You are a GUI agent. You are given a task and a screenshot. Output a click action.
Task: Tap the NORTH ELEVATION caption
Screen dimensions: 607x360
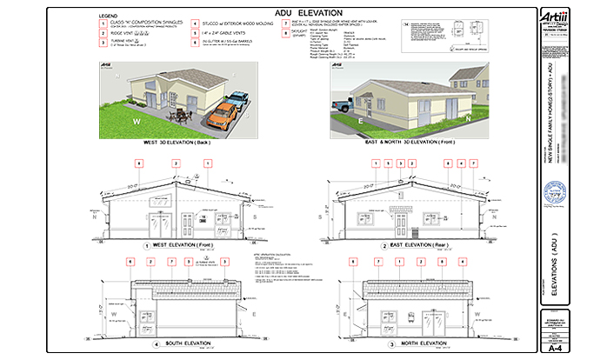pyautogui.click(x=413, y=343)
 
